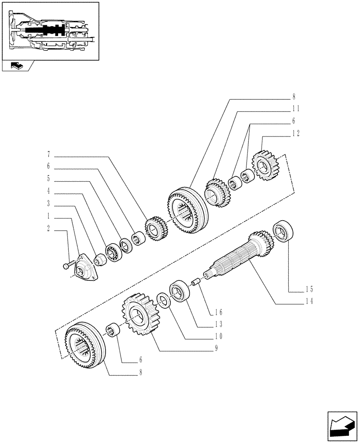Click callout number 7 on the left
[49, 155]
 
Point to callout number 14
[309, 302]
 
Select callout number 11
[296, 108]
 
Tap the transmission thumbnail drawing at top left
[50, 31]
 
